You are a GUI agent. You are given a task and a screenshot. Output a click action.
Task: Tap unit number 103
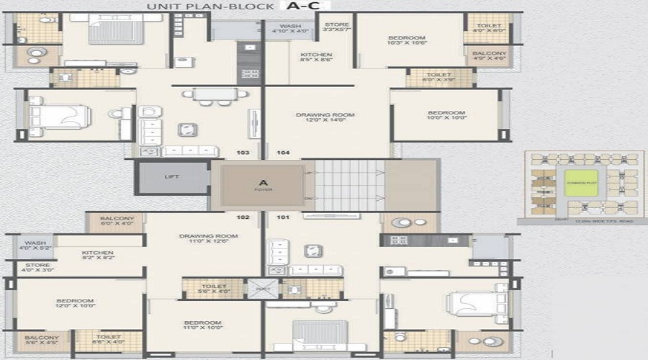pos(243,153)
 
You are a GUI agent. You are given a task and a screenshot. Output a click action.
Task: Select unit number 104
pos(283,153)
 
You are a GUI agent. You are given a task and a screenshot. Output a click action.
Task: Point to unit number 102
pos(243,217)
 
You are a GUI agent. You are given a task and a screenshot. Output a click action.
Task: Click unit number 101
pos(283,217)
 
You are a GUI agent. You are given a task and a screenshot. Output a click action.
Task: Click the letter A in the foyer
pos(263,182)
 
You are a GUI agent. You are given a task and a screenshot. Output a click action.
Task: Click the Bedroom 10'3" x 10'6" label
pos(407,40)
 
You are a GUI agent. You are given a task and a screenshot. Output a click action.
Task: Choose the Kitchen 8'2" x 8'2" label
pos(97,256)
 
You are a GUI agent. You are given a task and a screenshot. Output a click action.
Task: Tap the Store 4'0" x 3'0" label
pos(37,269)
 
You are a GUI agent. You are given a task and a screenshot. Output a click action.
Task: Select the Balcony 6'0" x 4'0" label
pos(117,222)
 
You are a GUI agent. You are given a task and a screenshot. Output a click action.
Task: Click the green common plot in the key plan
pos(581,184)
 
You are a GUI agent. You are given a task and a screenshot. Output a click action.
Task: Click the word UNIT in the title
pos(162,6)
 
